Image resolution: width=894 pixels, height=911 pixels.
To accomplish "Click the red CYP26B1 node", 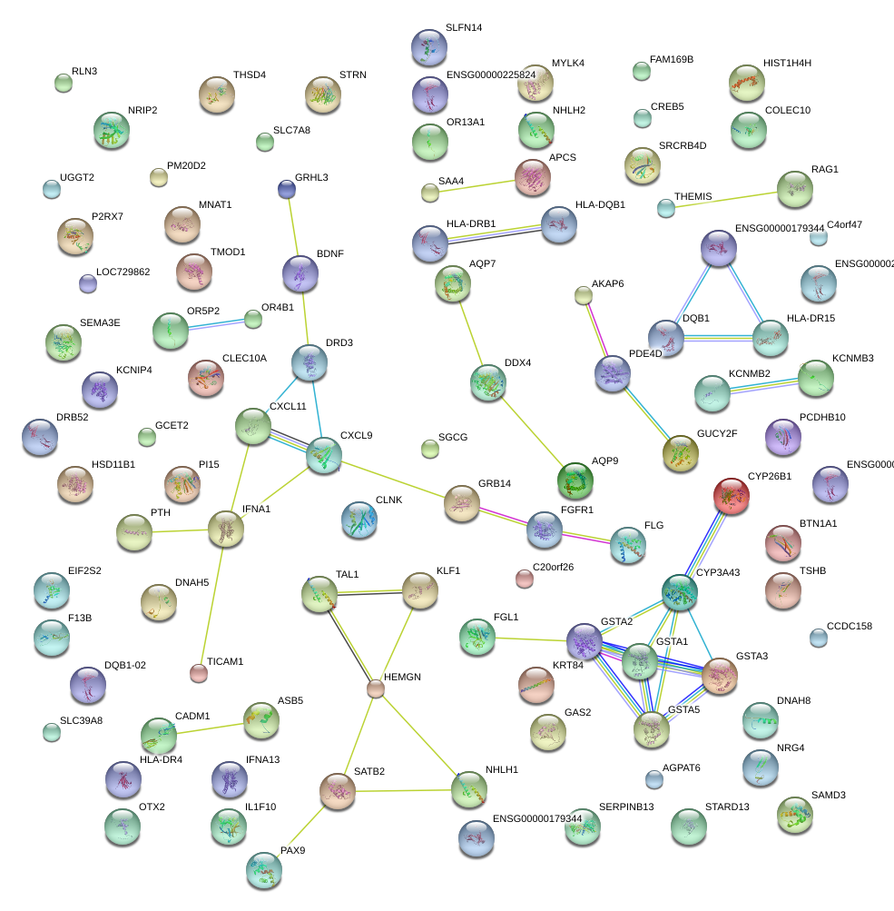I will tap(732, 496).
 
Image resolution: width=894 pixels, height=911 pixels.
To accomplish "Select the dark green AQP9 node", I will tap(575, 479).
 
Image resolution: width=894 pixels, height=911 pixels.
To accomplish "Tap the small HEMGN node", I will tap(376, 689).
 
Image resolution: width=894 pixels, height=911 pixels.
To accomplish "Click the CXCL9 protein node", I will tap(324, 456).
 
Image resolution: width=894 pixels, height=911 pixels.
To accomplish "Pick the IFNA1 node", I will tap(226, 530).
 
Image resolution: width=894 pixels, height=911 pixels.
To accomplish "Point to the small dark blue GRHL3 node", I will tap(287, 189).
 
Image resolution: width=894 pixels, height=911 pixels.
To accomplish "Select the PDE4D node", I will tap(613, 373).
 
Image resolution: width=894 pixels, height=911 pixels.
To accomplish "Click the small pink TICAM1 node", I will tap(199, 673).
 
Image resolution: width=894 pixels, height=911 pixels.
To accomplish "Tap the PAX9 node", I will tap(264, 870).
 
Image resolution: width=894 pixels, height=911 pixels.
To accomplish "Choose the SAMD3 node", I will tap(795, 815).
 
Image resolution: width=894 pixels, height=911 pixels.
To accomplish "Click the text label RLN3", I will tap(84, 71).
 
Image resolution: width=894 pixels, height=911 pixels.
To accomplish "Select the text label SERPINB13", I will tap(626, 807).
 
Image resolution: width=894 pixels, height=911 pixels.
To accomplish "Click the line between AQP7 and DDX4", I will tap(471, 334).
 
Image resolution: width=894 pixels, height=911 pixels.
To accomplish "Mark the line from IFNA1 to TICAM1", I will tap(213, 600).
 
